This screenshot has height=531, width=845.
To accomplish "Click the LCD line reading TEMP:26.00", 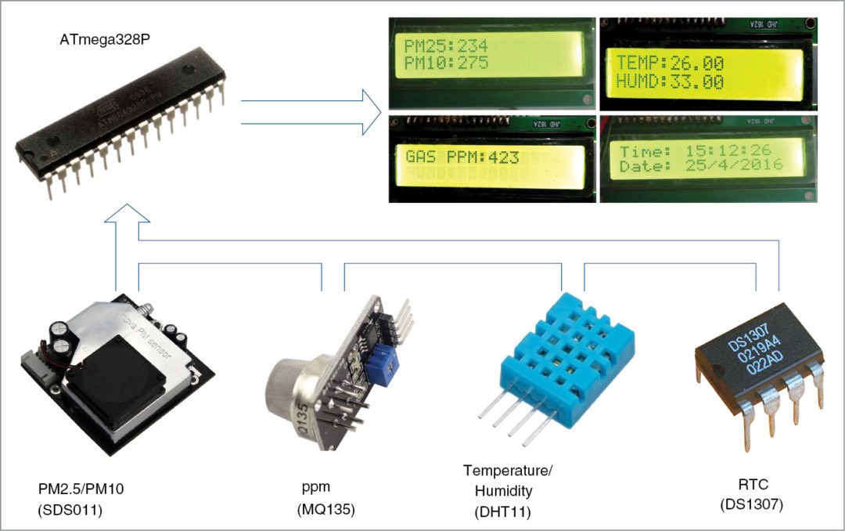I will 670,63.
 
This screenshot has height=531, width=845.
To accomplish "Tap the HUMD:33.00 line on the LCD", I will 670,81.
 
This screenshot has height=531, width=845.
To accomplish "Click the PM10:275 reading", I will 446,63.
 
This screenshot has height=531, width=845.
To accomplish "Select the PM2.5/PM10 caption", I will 81,489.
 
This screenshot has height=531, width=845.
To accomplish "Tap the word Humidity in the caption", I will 504,491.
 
